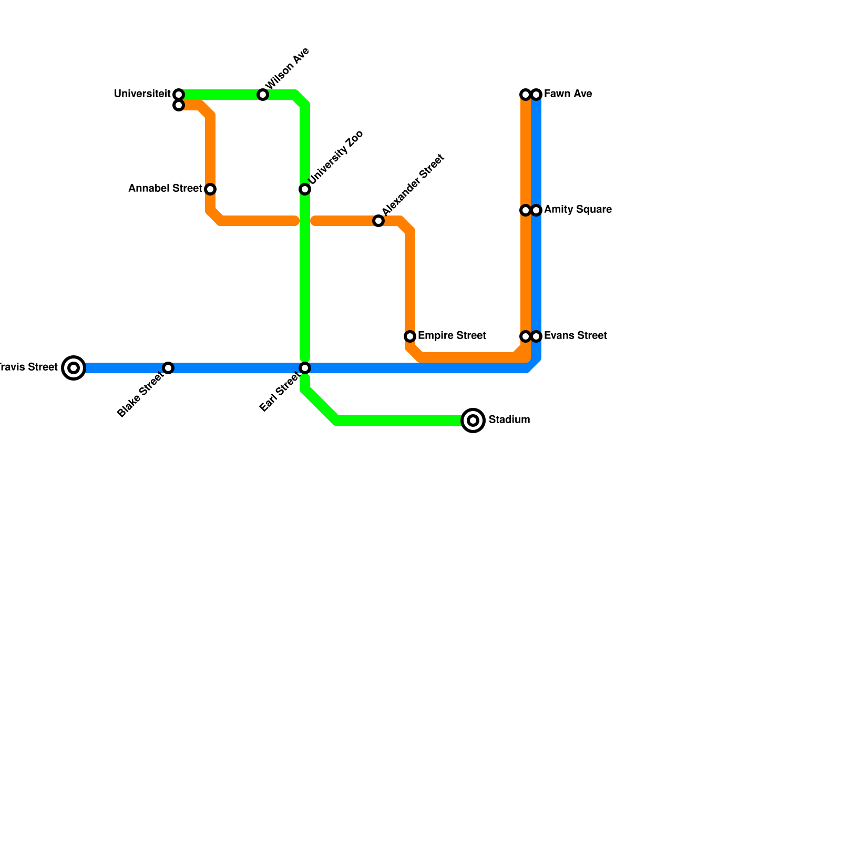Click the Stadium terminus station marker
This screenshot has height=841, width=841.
(473, 420)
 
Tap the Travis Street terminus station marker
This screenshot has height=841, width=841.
(74, 368)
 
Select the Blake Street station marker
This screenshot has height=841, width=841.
(168, 368)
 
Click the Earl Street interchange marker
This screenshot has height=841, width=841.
(305, 368)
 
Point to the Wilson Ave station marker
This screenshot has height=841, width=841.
(263, 95)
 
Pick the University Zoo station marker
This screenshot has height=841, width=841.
(305, 189)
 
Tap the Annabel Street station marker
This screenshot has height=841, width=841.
(210, 189)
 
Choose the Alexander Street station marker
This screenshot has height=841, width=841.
(378, 221)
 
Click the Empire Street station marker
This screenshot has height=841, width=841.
(410, 336)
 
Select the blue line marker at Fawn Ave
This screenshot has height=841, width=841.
(536, 95)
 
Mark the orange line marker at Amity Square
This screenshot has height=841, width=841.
(526, 210)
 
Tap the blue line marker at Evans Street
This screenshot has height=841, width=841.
(536, 336)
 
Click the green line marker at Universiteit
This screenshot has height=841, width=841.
(179, 95)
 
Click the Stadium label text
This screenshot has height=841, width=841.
(509, 420)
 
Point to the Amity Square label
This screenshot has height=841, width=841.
(578, 210)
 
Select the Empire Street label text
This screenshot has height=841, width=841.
(452, 336)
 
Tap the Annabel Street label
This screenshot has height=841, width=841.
(165, 189)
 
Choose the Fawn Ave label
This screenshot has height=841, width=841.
(568, 94)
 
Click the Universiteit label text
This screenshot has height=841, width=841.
(142, 94)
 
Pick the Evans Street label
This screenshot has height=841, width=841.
(576, 336)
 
